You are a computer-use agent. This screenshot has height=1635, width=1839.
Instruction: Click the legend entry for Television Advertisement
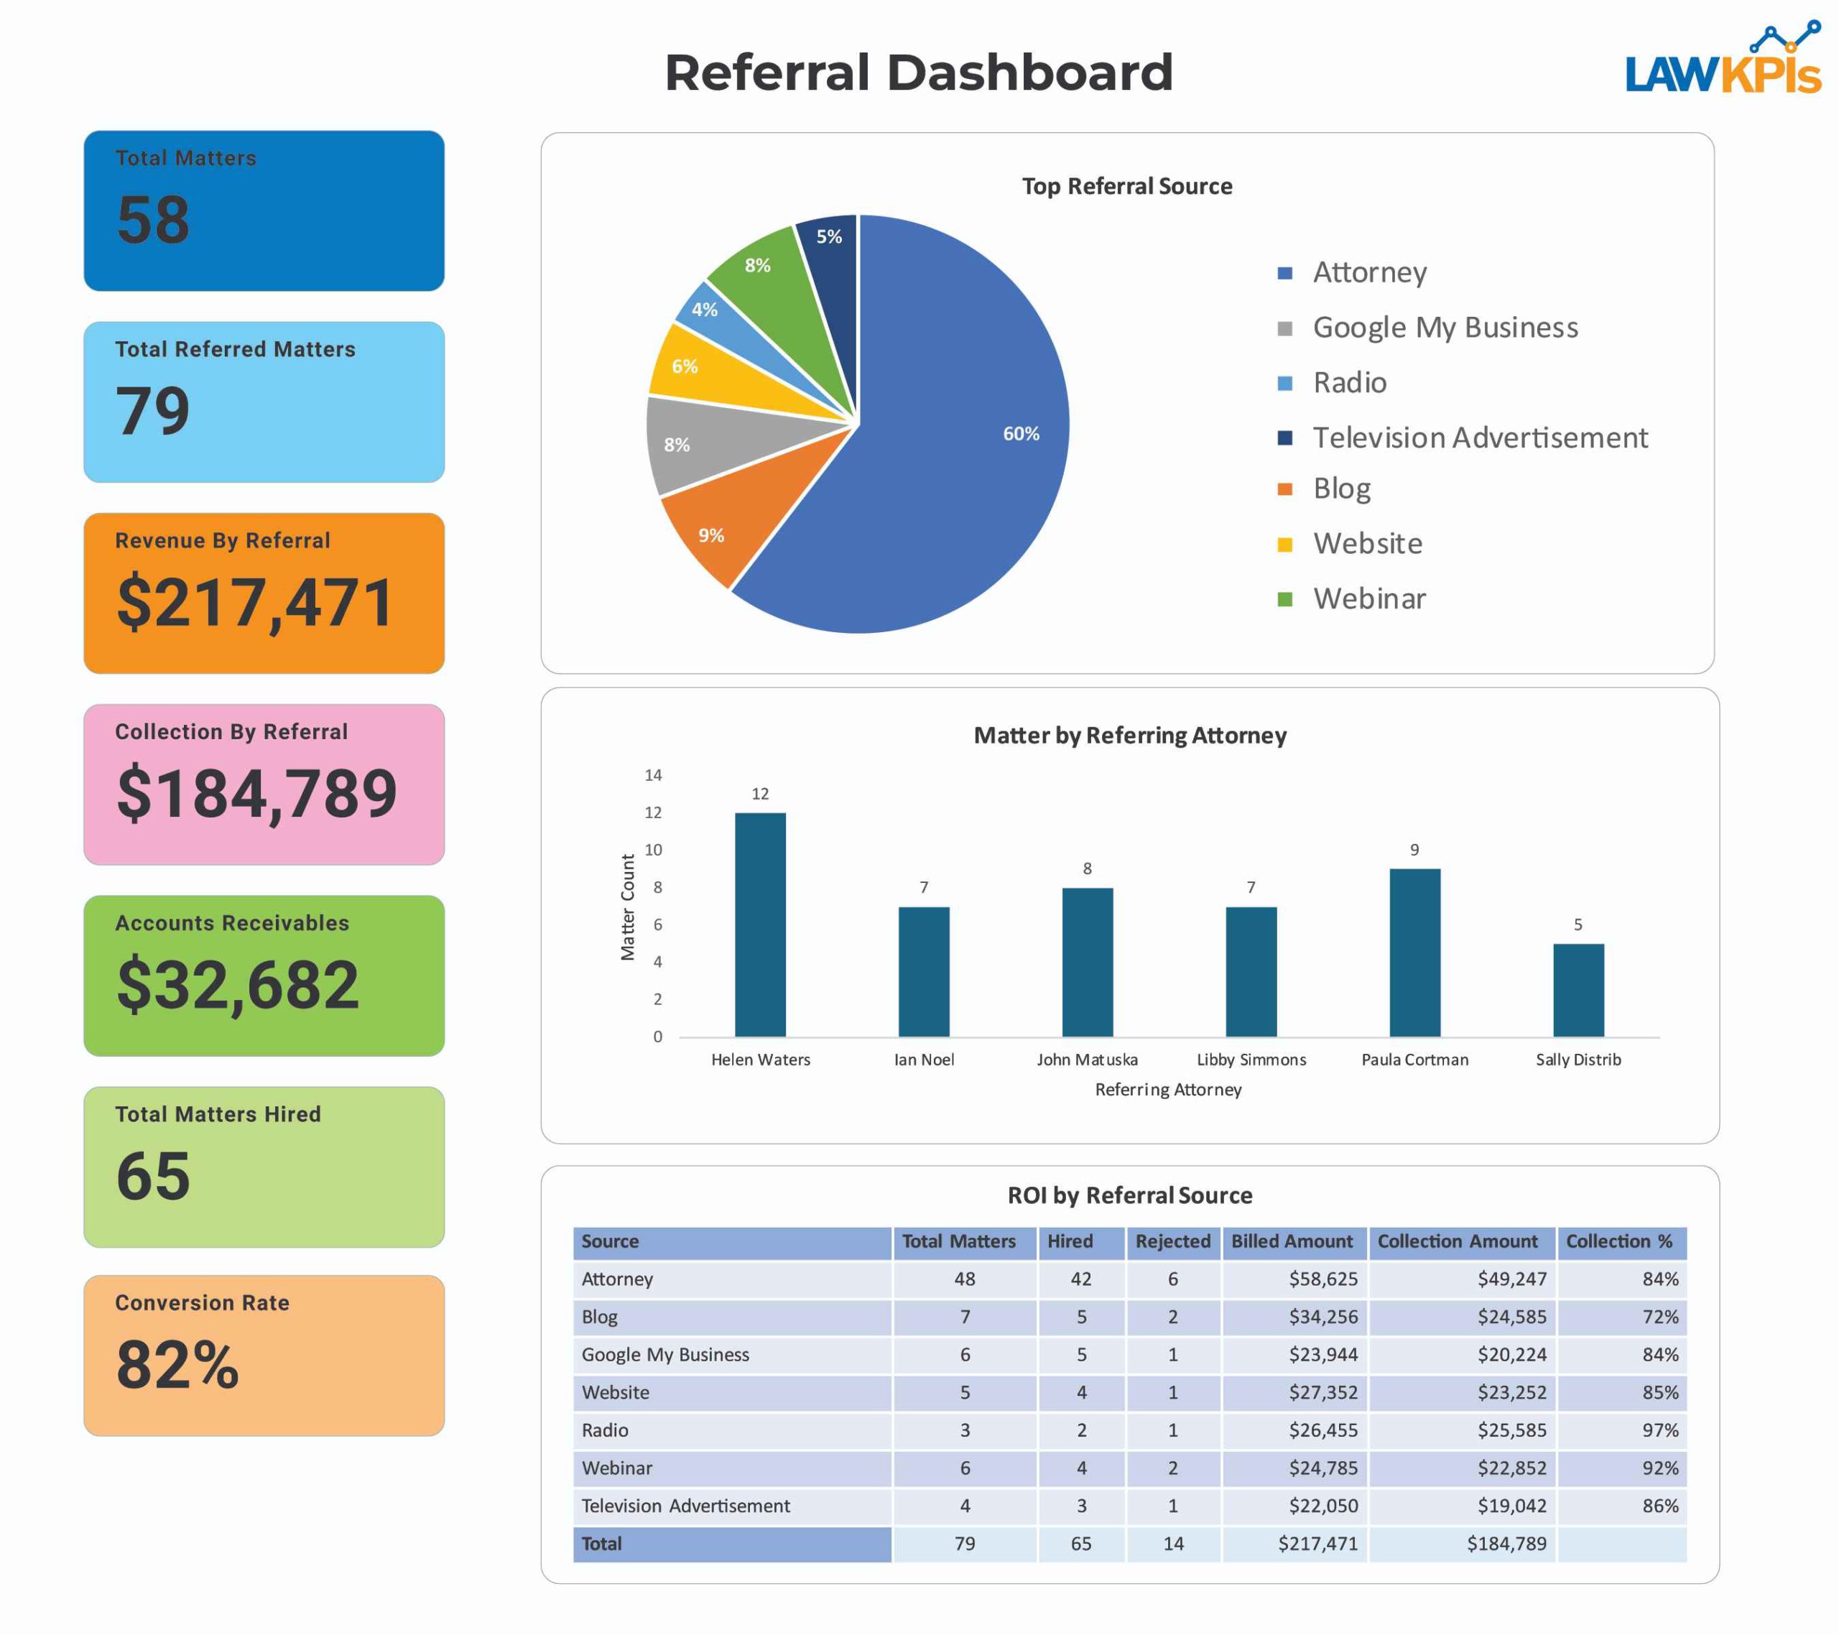click(1479, 437)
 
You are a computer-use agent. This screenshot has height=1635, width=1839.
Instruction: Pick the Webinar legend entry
click(1368, 598)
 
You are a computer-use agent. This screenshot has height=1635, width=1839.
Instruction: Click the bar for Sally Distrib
click(1578, 990)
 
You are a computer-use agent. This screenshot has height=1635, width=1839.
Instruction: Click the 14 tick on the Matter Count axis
click(653, 775)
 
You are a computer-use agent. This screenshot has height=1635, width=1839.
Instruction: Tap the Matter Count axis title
click(628, 907)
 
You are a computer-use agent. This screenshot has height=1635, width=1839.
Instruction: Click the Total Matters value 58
click(153, 220)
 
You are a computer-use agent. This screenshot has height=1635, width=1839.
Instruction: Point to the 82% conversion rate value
click(177, 1365)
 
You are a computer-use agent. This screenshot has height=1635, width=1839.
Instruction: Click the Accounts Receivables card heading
click(232, 922)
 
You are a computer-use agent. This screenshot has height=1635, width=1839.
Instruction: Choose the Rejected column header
click(1172, 1242)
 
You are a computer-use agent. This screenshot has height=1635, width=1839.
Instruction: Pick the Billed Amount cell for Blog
click(1322, 1317)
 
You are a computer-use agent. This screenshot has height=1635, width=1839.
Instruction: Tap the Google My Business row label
click(665, 1354)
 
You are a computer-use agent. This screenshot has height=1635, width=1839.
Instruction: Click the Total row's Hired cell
click(1080, 1543)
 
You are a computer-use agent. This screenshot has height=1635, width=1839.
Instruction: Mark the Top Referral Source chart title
click(1126, 186)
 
